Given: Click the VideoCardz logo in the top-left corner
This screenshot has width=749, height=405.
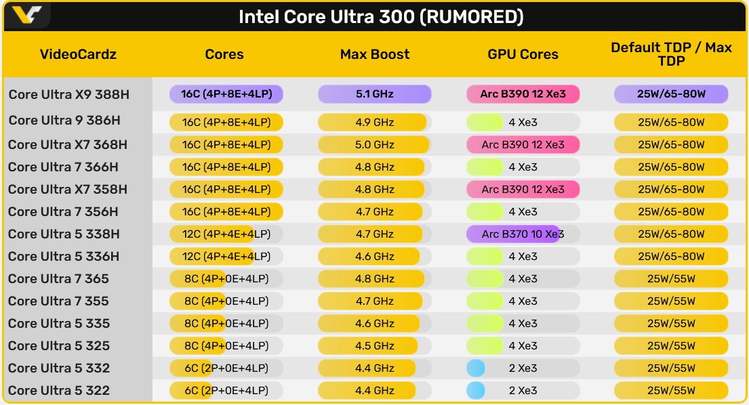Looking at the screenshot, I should tap(27, 15).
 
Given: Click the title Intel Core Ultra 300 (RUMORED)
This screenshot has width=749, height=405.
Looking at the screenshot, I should tap(381, 17).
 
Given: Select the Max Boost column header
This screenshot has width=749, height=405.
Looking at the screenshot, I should tap(375, 54).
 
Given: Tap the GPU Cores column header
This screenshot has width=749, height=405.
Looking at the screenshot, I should tap(523, 54).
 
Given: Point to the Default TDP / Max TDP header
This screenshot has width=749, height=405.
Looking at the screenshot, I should tap(671, 54).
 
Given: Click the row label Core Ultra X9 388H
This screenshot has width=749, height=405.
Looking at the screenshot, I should tap(68, 94).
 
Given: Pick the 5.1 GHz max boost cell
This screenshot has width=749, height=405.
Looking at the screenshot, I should tap(375, 94).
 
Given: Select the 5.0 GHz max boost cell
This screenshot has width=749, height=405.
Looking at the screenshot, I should tap(375, 144).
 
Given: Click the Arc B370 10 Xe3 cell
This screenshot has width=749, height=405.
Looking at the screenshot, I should tap(523, 234).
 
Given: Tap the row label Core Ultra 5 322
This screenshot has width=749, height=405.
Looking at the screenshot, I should tap(59, 391).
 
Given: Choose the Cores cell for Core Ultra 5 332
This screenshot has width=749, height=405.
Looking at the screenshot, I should tap(226, 368).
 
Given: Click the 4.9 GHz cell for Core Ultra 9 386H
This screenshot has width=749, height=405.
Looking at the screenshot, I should tap(375, 122).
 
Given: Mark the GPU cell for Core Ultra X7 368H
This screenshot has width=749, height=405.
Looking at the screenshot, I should tap(523, 144).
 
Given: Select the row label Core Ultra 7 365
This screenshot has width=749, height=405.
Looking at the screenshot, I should tap(59, 279).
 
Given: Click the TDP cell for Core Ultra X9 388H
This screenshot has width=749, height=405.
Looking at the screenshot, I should tap(671, 94).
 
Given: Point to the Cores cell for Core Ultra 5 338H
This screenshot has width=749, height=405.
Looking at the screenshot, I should tap(226, 234).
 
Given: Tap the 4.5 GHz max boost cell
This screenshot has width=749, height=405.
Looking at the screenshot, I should tap(375, 346).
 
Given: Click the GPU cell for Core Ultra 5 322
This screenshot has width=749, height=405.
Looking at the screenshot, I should tap(523, 391).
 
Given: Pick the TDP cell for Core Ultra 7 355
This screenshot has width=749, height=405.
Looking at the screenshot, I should tap(671, 301).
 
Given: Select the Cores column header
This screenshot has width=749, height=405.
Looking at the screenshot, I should tap(224, 54).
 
